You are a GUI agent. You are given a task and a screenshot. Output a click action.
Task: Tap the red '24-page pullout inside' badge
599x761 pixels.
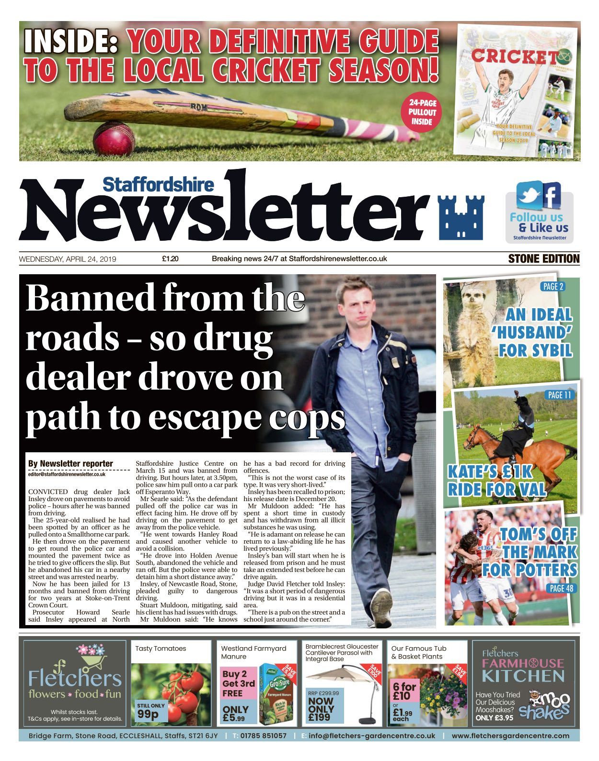[x=422, y=112]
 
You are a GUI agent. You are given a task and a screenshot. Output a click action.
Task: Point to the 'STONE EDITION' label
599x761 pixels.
[x=543, y=259]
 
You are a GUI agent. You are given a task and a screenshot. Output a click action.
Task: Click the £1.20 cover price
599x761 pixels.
[x=170, y=259]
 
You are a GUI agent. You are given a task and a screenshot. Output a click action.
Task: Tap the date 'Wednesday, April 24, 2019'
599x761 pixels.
[x=68, y=259]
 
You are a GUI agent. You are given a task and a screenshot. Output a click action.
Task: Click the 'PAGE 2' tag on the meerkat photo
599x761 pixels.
[x=553, y=287]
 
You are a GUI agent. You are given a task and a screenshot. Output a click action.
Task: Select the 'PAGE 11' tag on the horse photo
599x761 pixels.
[x=559, y=395]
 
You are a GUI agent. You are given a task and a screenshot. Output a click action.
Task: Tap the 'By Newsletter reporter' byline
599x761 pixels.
[x=70, y=463]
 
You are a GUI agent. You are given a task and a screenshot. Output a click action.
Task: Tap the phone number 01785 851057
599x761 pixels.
[x=263, y=736]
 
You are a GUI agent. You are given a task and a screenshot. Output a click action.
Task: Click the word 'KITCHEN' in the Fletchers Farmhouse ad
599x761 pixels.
[x=523, y=676]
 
